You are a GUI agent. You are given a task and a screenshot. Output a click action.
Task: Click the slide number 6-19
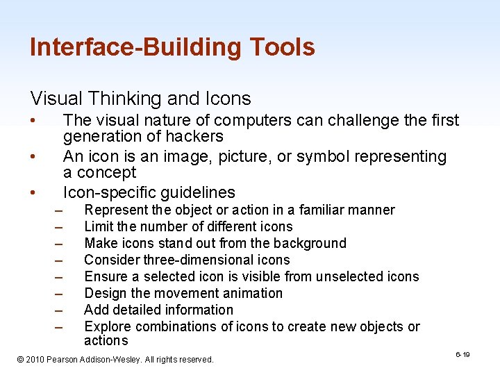[x=462, y=355]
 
